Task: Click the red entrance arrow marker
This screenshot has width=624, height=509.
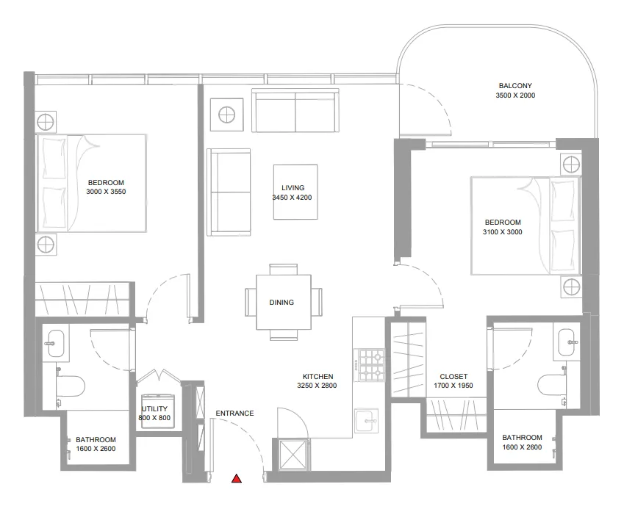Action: (237, 480)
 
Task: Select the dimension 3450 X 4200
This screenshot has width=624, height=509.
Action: (293, 198)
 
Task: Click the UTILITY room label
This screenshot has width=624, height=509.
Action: (154, 409)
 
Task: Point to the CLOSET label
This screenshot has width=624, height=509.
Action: (453, 377)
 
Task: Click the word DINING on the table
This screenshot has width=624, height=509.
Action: (281, 302)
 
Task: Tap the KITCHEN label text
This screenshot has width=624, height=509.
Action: (317, 375)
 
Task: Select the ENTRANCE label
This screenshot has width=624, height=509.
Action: (234, 414)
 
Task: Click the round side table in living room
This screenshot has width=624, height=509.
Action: (226, 115)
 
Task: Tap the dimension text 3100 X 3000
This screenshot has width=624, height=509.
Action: (503, 232)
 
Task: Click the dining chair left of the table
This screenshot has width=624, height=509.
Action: (250, 302)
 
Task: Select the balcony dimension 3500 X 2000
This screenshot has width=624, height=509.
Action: (514, 96)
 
